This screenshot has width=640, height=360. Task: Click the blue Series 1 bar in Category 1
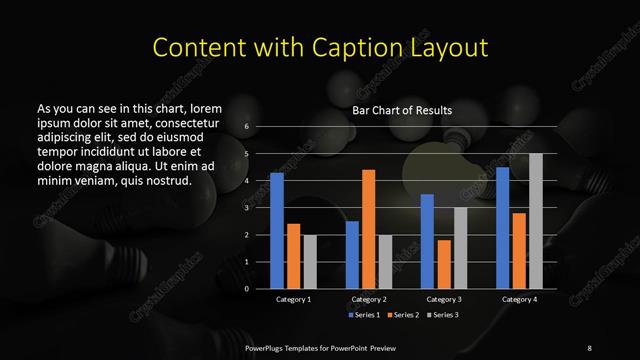pos(277,230)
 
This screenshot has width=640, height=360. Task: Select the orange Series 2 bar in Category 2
pos(368,229)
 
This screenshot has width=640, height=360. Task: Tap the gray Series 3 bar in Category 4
pos(535,220)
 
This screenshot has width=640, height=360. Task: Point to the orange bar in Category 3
pos(443,264)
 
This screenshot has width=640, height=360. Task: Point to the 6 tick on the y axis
pos(246,127)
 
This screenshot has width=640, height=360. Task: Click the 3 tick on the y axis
pos(246,208)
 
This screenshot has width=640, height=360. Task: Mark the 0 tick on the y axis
pos(246,289)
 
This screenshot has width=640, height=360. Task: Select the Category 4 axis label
pos(518,299)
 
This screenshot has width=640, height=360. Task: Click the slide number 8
pos(589,346)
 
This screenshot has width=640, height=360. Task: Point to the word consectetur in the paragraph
pos(182,122)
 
